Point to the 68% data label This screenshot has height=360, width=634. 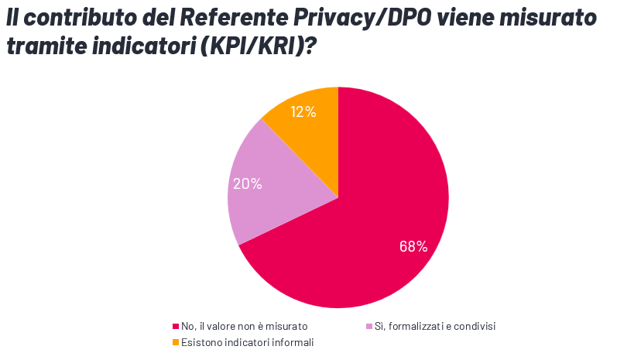413,246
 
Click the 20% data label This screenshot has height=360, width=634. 247,183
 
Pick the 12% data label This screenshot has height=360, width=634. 303,111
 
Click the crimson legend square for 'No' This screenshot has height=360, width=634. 176,327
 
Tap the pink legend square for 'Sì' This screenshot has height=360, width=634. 368,327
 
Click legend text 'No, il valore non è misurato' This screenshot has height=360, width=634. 244,327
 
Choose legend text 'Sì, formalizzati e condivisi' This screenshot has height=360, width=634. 434,327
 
